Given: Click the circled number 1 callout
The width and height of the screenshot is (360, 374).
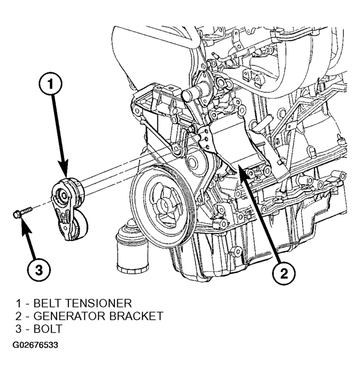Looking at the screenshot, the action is (x=50, y=84).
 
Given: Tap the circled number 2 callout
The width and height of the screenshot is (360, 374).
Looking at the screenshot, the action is (x=284, y=274).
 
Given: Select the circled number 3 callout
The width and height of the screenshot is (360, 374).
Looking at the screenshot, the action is (x=39, y=270).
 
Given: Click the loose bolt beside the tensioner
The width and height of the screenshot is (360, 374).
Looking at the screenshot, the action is (x=22, y=212).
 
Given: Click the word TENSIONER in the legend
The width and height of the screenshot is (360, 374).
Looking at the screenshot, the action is (x=98, y=303).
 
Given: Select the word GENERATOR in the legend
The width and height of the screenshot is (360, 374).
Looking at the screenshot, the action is (x=69, y=316).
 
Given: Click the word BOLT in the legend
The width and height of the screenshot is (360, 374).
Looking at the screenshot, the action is (x=48, y=329).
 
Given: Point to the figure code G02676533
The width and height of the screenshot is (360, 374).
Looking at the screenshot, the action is (x=35, y=345).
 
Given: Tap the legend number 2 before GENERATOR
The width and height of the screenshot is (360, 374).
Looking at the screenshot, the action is (x=19, y=316).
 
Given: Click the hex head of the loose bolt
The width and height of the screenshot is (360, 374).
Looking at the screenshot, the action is (x=16, y=215).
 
